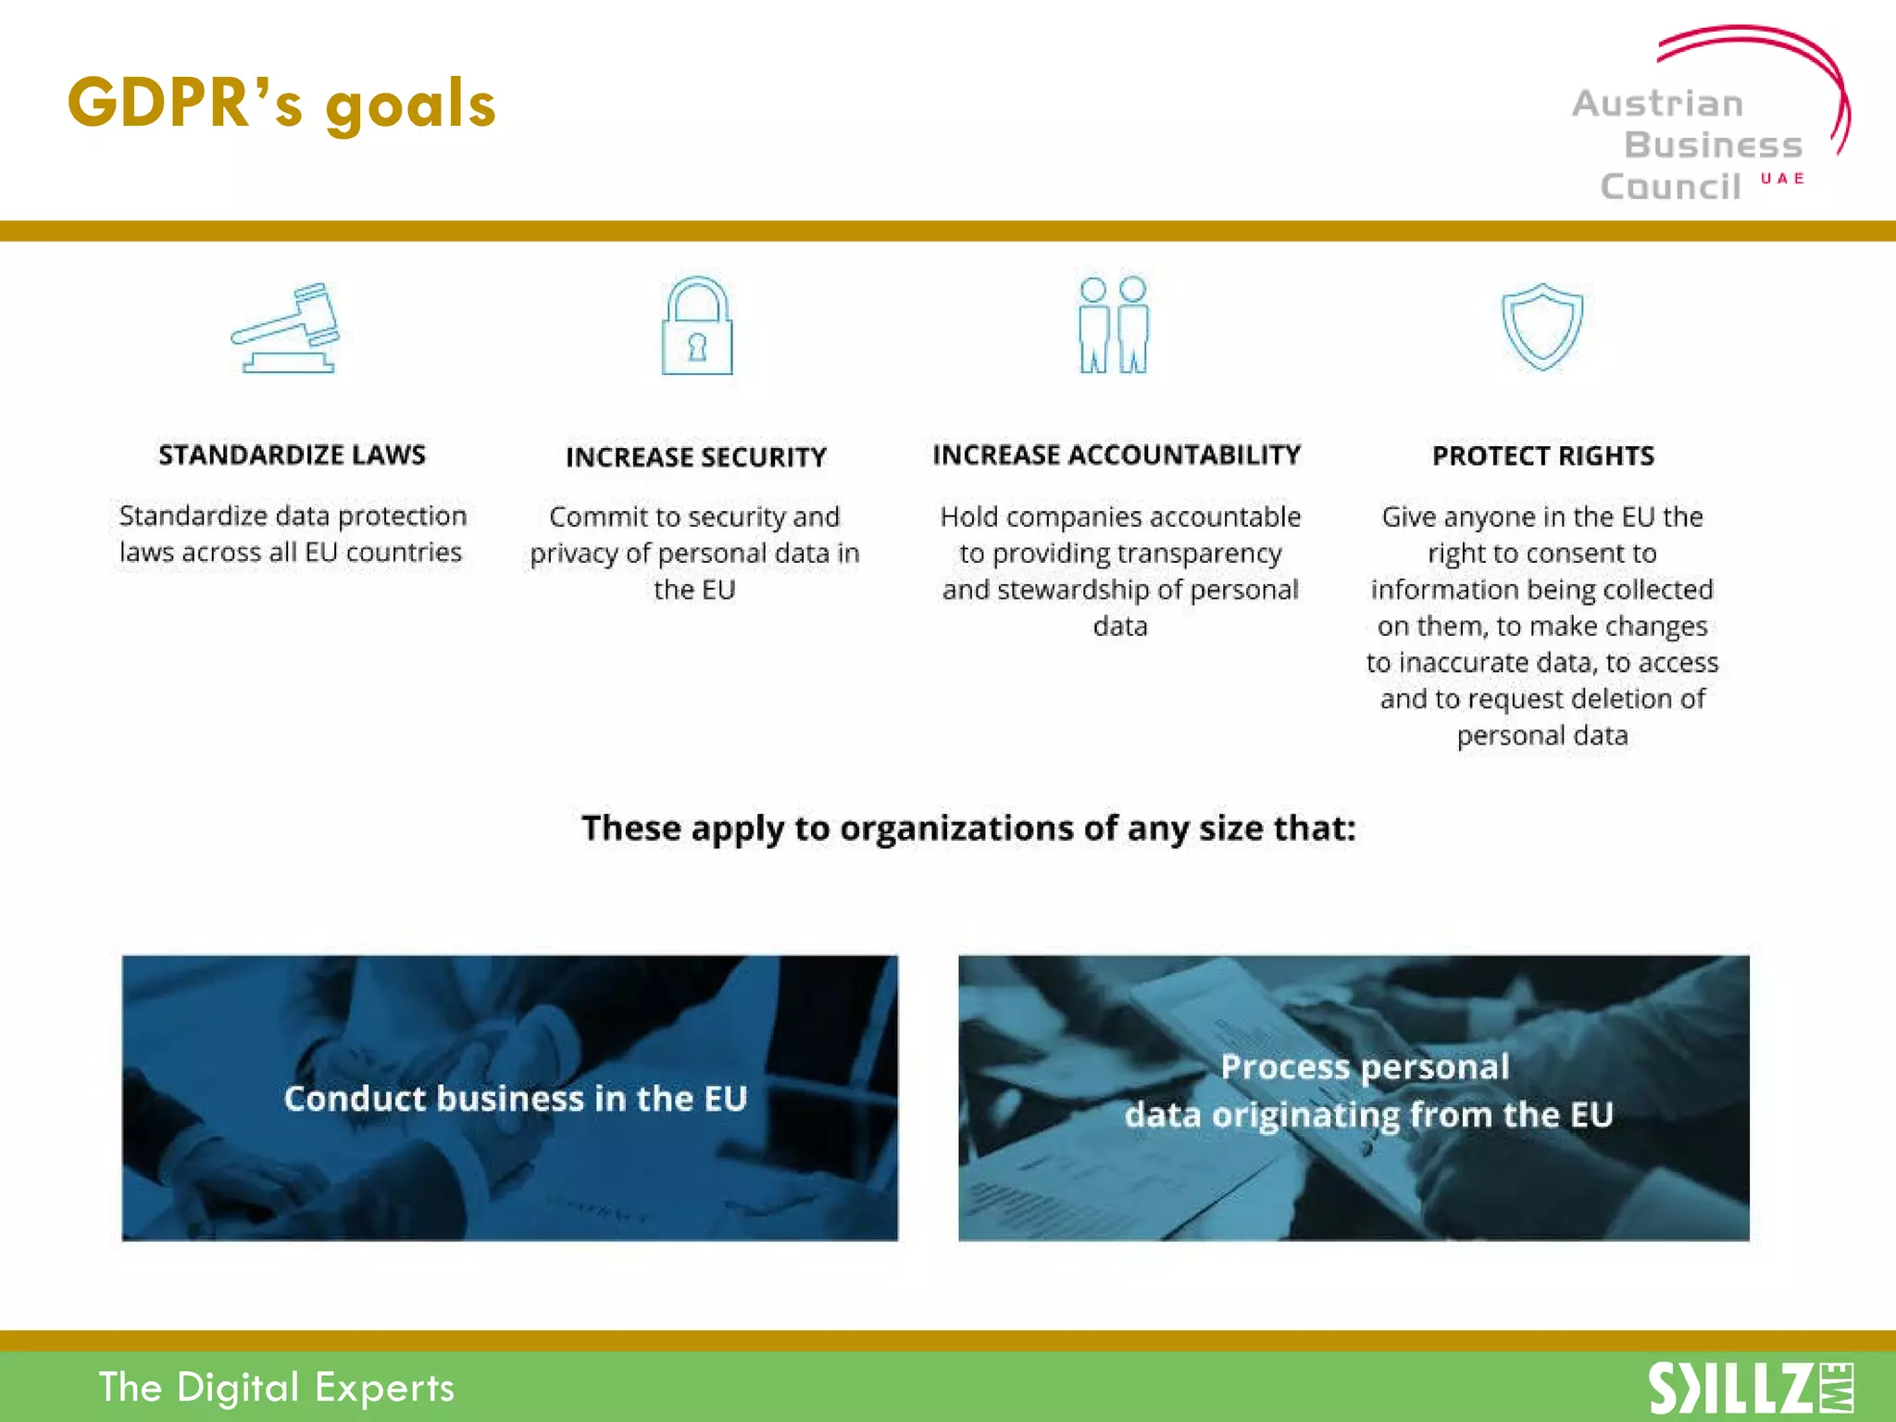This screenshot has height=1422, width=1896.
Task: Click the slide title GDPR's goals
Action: [x=281, y=104]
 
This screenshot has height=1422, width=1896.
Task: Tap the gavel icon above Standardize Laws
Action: [x=287, y=328]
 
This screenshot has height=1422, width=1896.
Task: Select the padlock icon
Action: [x=697, y=327]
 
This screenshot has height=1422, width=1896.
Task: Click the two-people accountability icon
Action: [x=1114, y=326]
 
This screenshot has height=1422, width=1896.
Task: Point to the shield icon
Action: [x=1541, y=326]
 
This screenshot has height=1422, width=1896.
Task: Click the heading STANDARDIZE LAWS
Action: [x=292, y=455]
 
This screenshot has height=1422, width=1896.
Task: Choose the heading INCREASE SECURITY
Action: [x=696, y=457]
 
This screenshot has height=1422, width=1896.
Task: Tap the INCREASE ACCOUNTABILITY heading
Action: [x=1116, y=455]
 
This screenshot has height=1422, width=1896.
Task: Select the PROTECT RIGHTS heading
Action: [x=1542, y=456]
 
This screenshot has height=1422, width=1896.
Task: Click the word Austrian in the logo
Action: [x=1657, y=104]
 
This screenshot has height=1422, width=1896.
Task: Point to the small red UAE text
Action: [x=1782, y=179]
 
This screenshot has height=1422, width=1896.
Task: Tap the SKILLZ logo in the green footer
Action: [x=1750, y=1388]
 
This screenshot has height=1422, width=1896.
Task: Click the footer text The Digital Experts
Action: [x=276, y=1388]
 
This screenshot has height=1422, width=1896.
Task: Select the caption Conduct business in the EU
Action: [x=515, y=1099]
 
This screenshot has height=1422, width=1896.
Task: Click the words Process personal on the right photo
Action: [x=1365, y=1067]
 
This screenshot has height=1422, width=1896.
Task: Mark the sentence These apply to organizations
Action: [x=968, y=828]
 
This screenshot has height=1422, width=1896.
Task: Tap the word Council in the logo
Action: [x=1671, y=187]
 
